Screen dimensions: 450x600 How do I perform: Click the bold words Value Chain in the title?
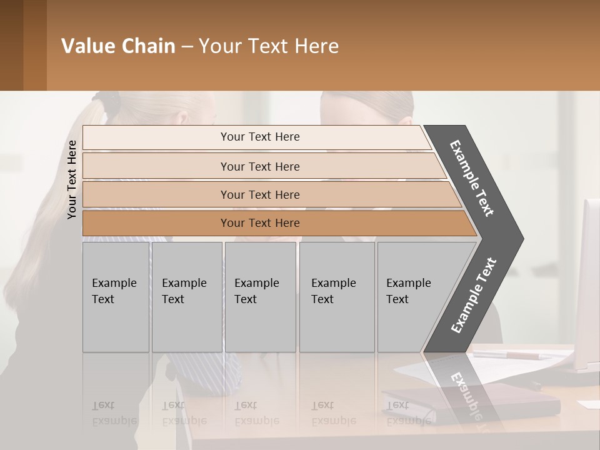[x=118, y=46]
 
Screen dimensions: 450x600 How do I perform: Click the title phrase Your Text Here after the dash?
[x=269, y=46]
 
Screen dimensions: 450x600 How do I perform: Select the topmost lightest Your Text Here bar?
[x=259, y=137]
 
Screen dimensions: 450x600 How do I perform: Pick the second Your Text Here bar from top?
[x=259, y=166]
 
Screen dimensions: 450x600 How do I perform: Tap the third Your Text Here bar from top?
[x=259, y=194]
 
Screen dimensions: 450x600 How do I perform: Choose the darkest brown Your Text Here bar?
[x=259, y=223]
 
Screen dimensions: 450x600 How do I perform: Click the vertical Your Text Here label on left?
[x=72, y=179]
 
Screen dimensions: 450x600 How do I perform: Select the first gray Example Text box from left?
[x=116, y=297]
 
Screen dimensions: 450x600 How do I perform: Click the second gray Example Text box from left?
[x=186, y=297]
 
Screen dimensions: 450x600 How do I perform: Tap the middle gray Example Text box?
[x=260, y=297]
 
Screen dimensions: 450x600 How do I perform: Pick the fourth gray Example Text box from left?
[x=336, y=297]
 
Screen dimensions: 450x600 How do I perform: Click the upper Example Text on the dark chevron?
[x=472, y=178]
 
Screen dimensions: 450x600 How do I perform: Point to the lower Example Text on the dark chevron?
[x=473, y=296]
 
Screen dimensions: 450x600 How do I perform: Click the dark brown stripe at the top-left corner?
[x=11, y=45]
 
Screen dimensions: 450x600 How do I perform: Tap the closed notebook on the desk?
[x=475, y=400]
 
